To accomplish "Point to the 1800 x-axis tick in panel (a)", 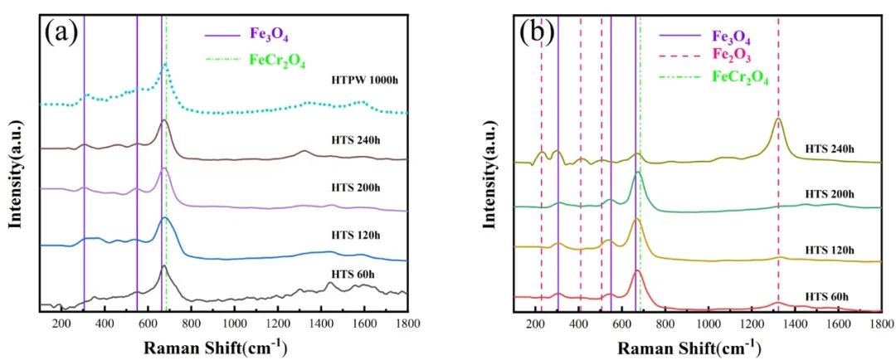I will [x=407, y=324].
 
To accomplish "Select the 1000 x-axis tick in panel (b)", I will [x=708, y=324].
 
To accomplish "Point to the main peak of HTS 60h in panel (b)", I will [x=637, y=271].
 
